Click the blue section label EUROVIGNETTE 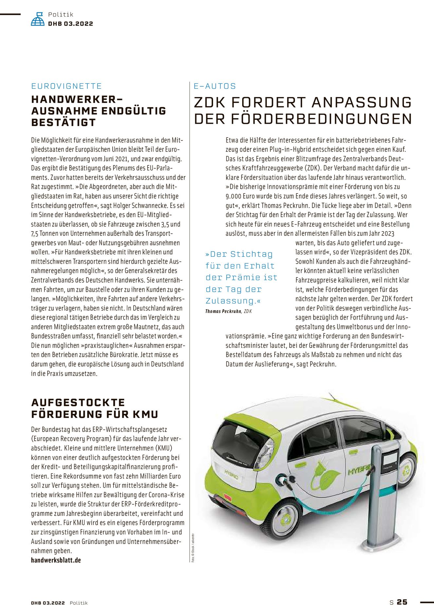66,86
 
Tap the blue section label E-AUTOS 215,86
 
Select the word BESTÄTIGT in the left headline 63,122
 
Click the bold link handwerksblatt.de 56,560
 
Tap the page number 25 402,602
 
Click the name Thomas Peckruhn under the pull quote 223,311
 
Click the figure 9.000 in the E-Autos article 233,196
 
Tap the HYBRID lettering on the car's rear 231,474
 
